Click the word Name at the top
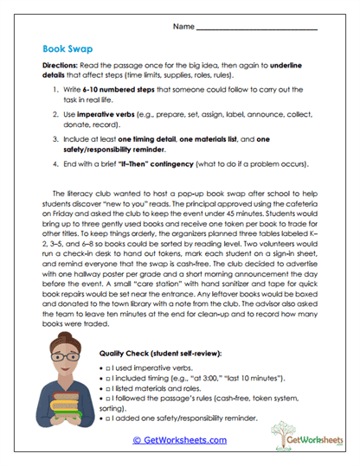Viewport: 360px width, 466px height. [x=183, y=28]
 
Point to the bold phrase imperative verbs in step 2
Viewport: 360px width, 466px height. [x=114, y=114]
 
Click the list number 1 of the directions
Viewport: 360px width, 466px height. [x=57, y=89]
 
